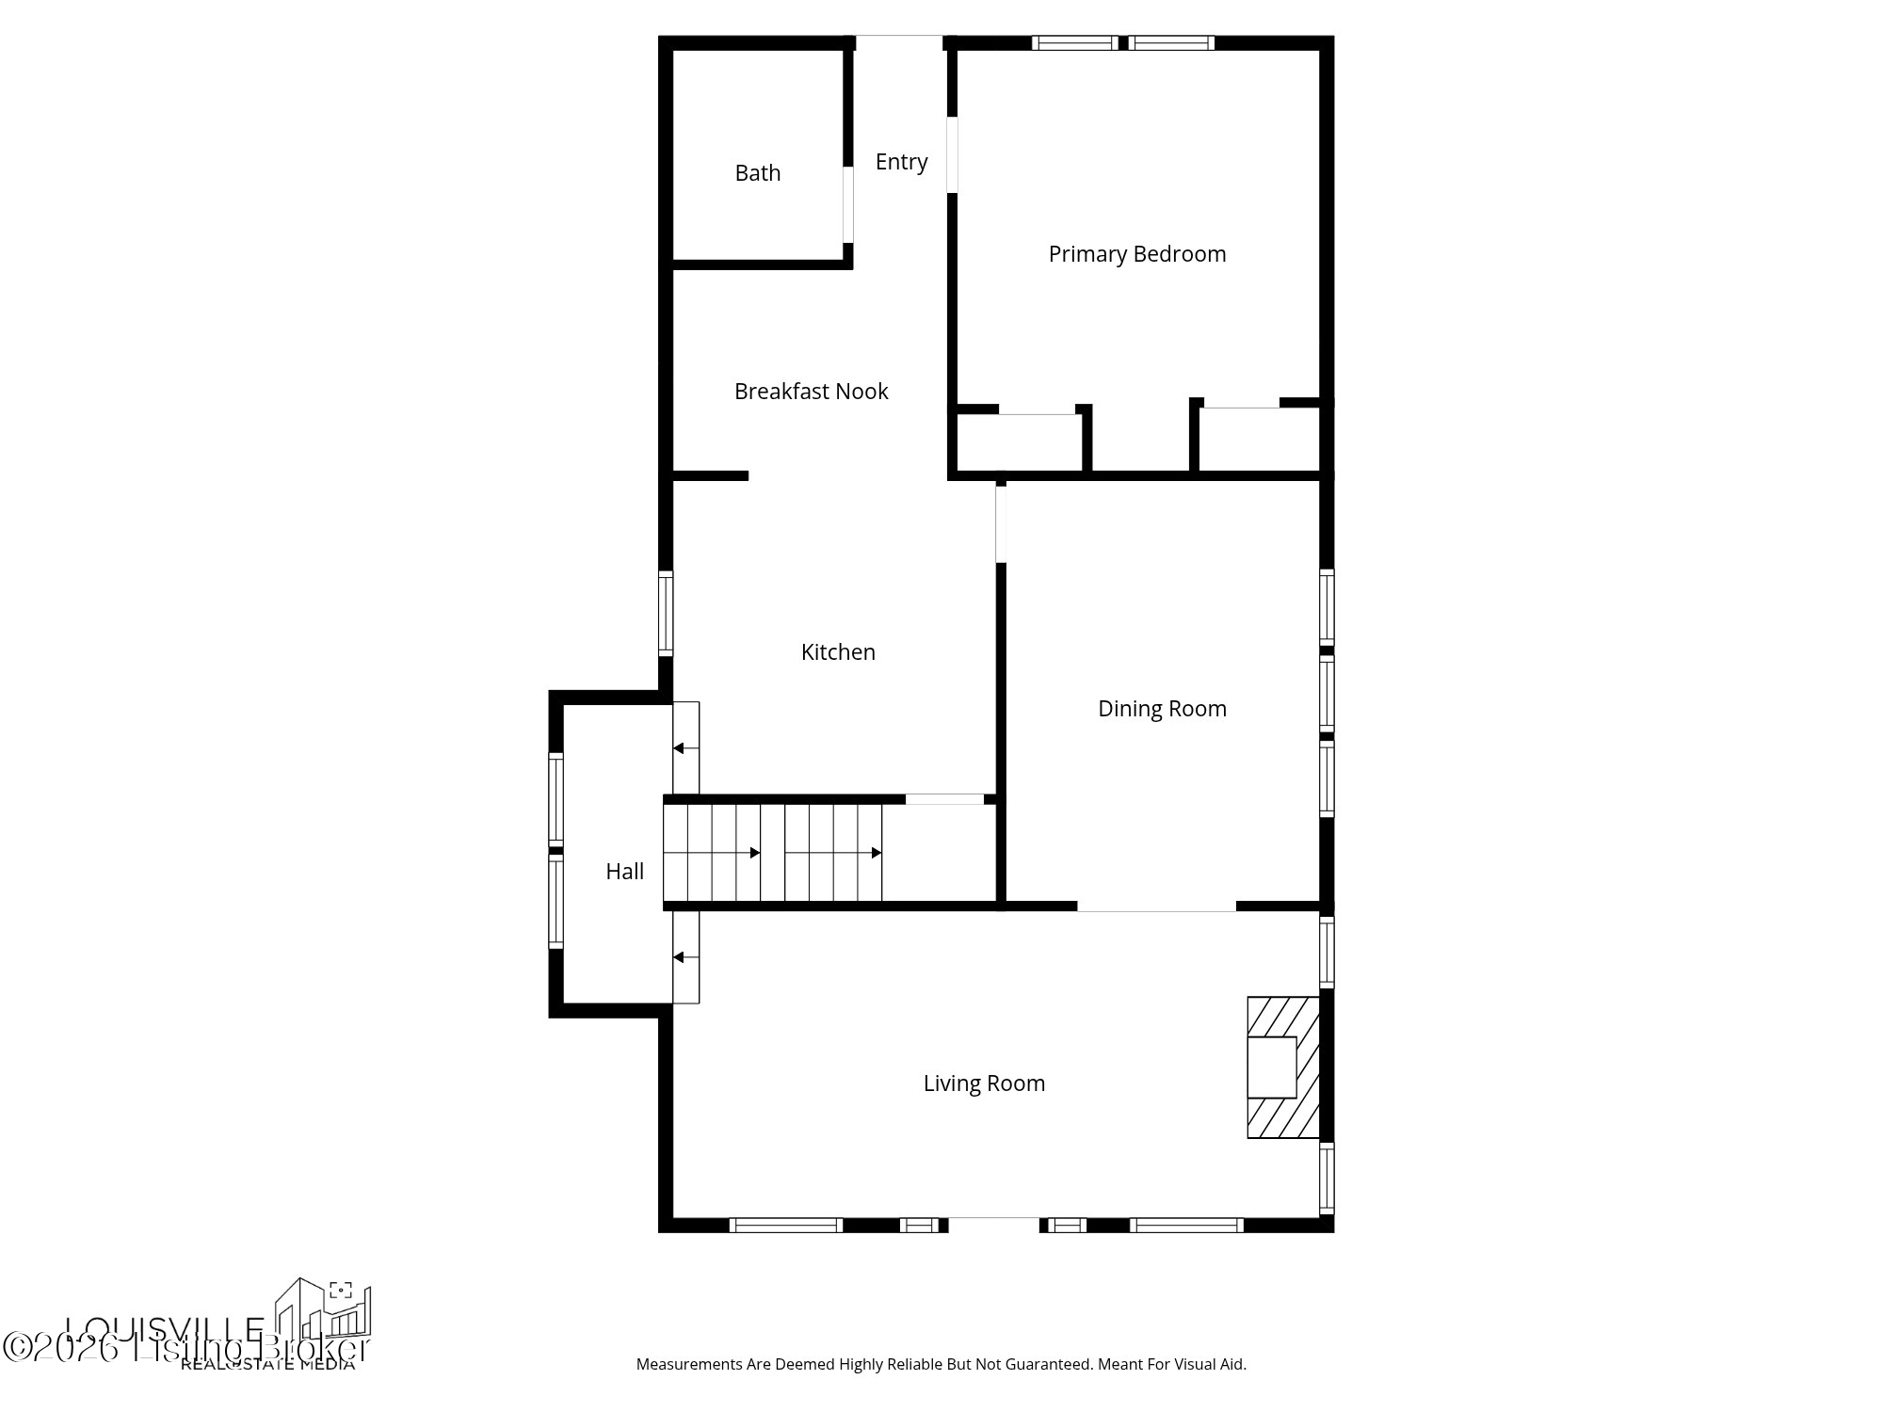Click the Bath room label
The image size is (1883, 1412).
[757, 173]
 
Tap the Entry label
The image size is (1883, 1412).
[901, 162]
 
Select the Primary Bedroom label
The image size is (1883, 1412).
[1136, 254]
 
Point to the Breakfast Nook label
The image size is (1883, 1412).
[811, 392]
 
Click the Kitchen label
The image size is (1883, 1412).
[838, 652]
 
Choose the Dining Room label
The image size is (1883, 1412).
[1162, 709]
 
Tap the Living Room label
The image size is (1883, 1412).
[984, 1083]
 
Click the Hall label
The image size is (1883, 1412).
[624, 872]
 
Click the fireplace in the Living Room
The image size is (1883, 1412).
[1281, 1067]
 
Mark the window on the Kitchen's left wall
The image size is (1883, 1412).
[666, 613]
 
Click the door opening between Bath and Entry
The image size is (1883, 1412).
[848, 204]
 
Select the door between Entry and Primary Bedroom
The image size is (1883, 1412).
[952, 155]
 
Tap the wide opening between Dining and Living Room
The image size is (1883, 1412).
[1156, 907]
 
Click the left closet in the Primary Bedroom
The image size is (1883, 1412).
[1019, 441]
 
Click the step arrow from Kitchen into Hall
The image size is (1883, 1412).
[685, 748]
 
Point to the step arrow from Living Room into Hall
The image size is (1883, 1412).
[685, 957]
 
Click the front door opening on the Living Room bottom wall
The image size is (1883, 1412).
[993, 1224]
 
